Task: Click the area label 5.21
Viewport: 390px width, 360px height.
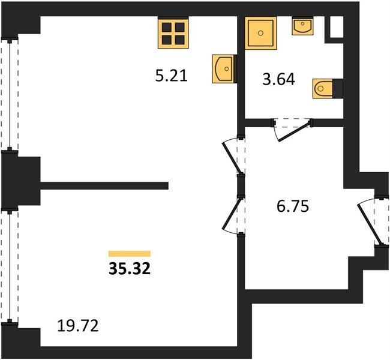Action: [x=172, y=76]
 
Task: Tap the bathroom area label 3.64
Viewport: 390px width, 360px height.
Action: [x=279, y=80]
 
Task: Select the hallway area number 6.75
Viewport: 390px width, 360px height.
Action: [x=293, y=206]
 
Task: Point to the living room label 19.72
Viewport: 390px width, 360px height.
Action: [x=78, y=326]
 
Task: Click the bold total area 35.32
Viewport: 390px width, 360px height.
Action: [x=130, y=269]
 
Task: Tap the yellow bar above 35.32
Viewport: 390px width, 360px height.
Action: [x=130, y=254]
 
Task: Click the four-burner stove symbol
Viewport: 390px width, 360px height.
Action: [x=173, y=32]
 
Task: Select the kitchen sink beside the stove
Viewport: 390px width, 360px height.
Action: [x=223, y=68]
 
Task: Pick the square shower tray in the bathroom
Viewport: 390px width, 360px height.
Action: [x=260, y=33]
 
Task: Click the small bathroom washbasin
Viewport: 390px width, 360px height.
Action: [x=302, y=26]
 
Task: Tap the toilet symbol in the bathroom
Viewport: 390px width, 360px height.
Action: [x=323, y=89]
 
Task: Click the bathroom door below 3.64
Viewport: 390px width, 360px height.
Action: [x=292, y=130]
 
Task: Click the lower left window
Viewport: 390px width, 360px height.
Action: [x=10, y=268]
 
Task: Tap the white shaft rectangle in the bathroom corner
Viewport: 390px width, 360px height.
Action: [x=336, y=27]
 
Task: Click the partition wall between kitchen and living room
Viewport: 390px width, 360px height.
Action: [x=104, y=185]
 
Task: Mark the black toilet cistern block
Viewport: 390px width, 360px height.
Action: [x=338, y=88]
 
